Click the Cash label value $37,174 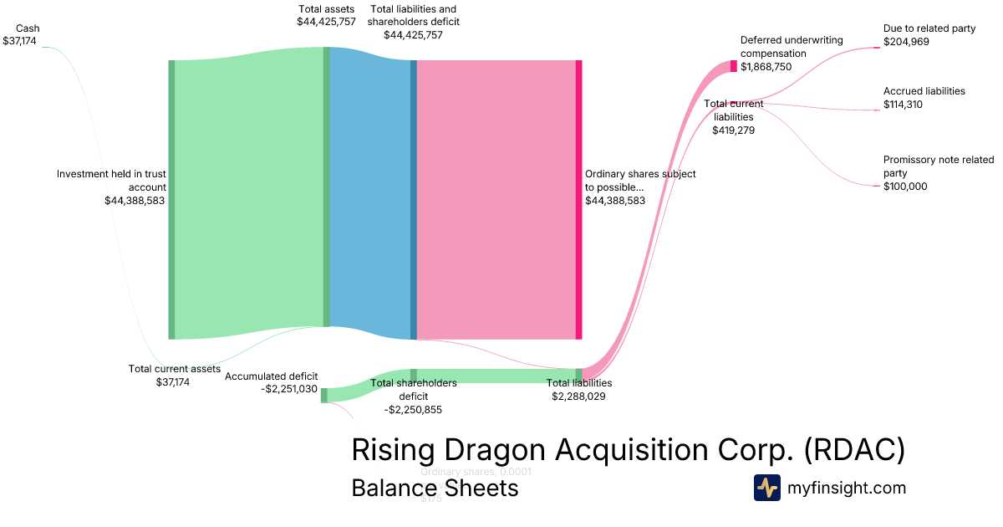[x=19, y=40]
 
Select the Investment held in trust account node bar [x=171, y=199]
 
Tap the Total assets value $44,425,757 [x=326, y=22]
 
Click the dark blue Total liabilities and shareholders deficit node [x=413, y=199]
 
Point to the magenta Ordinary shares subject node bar [x=578, y=199]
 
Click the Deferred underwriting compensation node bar [x=734, y=66]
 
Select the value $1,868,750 [x=766, y=67]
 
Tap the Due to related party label [x=929, y=28]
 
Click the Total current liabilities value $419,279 [x=733, y=130]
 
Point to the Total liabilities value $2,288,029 [x=578, y=397]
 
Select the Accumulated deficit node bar [x=324, y=395]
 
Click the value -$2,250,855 [x=413, y=410]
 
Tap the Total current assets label [x=174, y=369]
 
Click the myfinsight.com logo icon [x=766, y=488]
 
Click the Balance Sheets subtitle [x=435, y=488]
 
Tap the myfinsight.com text [x=846, y=488]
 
